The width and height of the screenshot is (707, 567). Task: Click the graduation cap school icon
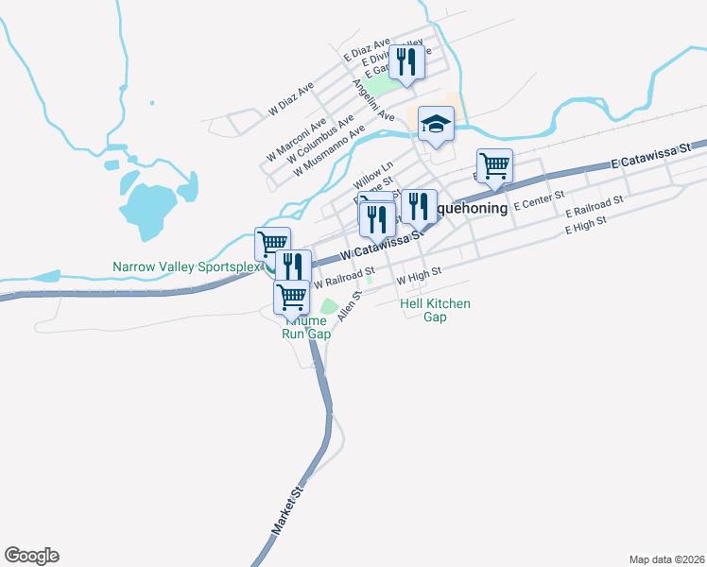[x=436, y=124]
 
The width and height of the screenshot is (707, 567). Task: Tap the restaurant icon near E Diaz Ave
[x=407, y=62]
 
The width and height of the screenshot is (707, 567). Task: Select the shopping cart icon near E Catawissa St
[x=494, y=166]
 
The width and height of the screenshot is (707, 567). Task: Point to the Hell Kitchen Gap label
[x=435, y=310]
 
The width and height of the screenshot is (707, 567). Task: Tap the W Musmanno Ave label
[x=328, y=152]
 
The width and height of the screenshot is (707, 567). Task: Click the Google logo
[x=31, y=556]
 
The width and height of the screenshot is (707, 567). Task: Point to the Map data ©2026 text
[x=666, y=558]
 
